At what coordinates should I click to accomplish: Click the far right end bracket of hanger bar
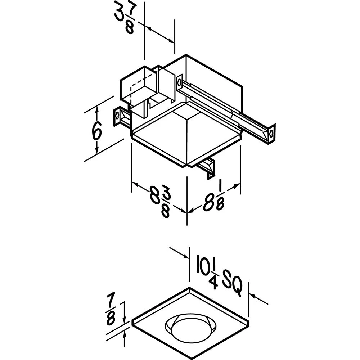pyautogui.click(x=271, y=134)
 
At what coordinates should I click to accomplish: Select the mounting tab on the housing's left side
pyautogui.click(x=117, y=117)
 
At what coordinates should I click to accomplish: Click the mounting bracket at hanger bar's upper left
pyautogui.click(x=179, y=82)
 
